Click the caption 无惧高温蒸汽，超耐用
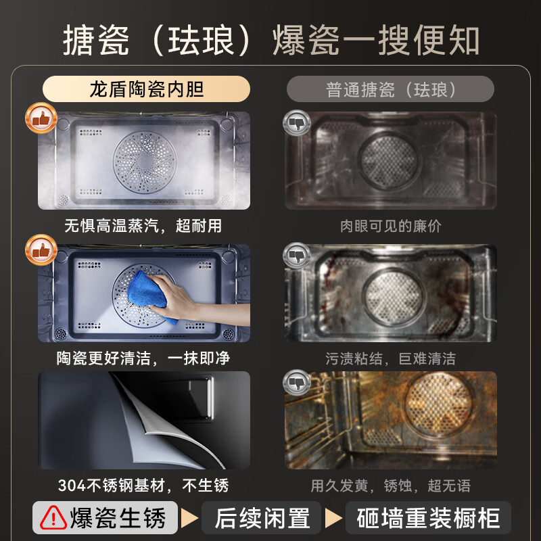click(x=143, y=225)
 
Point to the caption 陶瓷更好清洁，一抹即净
click(x=143, y=357)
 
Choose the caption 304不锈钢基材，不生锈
click(x=143, y=485)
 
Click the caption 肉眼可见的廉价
click(x=390, y=226)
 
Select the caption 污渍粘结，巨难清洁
click(x=390, y=358)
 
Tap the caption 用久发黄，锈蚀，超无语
click(x=390, y=486)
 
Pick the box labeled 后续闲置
click(x=262, y=519)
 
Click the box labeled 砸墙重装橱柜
click(x=428, y=519)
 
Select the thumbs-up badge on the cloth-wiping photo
click(x=41, y=250)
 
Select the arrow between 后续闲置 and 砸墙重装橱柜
click(x=333, y=519)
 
